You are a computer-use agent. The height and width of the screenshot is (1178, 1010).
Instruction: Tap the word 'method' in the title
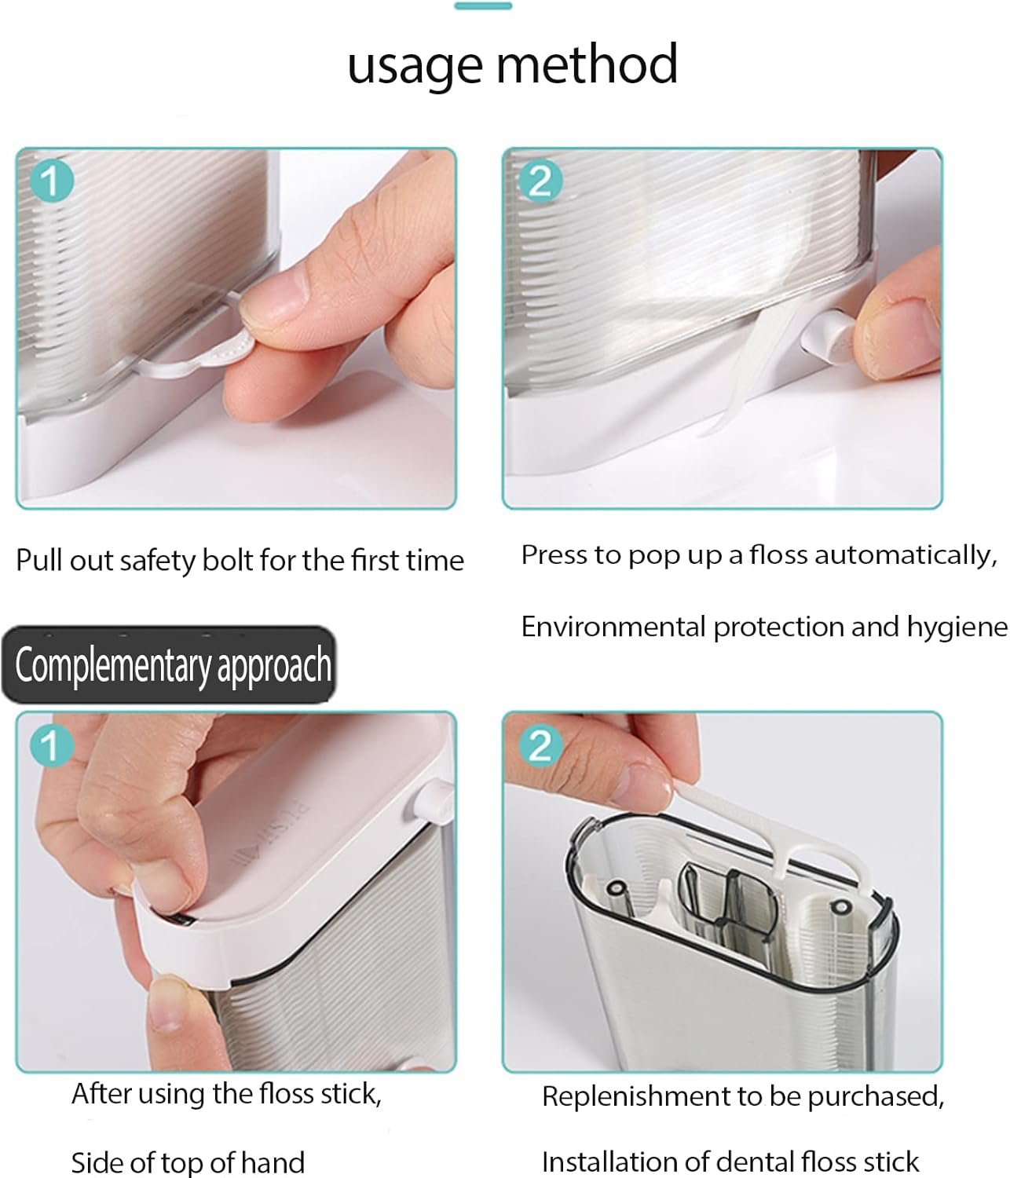(x=587, y=64)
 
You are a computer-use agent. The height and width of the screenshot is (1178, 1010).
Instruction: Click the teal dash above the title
(x=483, y=6)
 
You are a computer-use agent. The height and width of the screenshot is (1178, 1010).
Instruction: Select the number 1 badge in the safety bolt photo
(x=51, y=181)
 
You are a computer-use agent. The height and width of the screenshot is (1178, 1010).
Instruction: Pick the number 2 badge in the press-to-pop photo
(x=540, y=181)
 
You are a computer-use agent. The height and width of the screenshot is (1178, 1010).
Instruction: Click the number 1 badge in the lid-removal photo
(x=51, y=745)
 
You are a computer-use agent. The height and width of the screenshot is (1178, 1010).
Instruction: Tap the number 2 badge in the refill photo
(x=540, y=745)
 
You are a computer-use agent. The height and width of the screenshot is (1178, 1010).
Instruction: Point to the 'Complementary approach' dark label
(x=169, y=664)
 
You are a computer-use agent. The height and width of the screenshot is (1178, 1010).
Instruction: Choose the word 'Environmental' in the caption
(x=613, y=627)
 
